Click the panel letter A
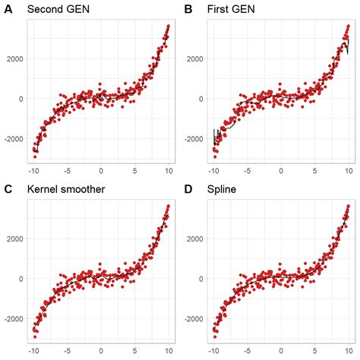[x=7, y=10]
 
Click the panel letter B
[x=188, y=10]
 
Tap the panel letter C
[x=7, y=190]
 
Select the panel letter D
[x=188, y=190]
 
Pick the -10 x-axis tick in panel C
[x=34, y=351]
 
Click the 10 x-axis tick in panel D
[x=348, y=351]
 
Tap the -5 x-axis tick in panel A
[x=68, y=171]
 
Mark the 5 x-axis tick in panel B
[x=315, y=171]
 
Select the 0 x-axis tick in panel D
[x=282, y=351]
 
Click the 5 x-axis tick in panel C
[x=134, y=351]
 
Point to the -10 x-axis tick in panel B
[x=215, y=171]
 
